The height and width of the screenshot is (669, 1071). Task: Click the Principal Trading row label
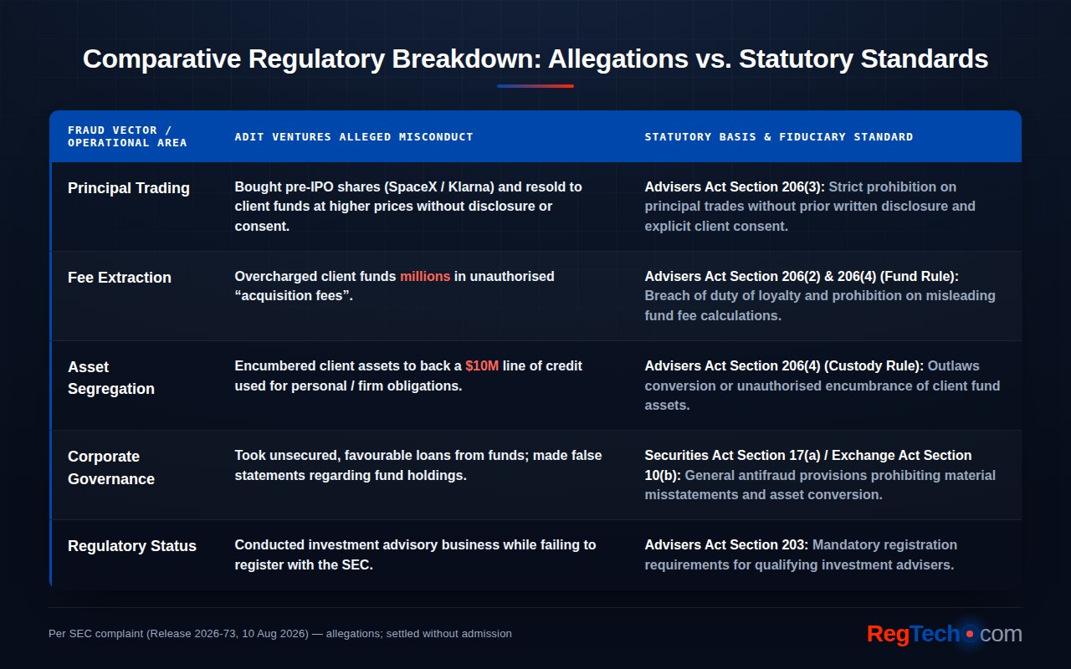coord(129,188)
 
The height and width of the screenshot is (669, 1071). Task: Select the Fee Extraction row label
coord(120,278)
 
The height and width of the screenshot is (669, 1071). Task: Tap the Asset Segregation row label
coord(111,378)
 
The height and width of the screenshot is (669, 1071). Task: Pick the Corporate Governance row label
coord(111,467)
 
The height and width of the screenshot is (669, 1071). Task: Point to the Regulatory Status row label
coord(132,546)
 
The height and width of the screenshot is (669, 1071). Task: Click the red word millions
coord(425,276)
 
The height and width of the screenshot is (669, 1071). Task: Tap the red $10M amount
coord(482,366)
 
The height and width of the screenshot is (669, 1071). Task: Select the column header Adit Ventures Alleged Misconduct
coord(354,137)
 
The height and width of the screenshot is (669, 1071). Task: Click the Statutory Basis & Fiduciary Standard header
coord(779,137)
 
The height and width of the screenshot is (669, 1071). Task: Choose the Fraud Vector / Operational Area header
coord(127,136)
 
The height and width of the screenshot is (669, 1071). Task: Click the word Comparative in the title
coord(162,59)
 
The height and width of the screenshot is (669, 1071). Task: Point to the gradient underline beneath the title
coord(535,86)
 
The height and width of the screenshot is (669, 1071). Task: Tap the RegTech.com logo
coord(945,634)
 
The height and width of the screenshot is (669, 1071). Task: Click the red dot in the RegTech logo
coord(970,634)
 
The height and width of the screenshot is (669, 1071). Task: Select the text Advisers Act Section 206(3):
coord(735,186)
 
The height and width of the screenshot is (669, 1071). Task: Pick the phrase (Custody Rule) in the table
coord(874,366)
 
